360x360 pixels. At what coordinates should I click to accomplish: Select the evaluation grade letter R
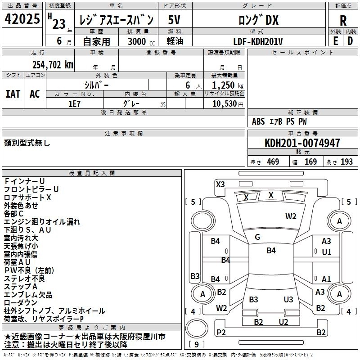point(343,20)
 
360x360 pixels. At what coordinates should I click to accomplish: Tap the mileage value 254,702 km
point(53,64)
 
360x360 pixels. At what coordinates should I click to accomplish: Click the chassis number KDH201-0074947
point(302,143)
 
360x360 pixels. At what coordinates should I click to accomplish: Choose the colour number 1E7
point(74,103)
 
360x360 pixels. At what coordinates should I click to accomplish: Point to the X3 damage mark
point(220,184)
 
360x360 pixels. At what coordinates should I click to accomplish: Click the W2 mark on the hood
point(291,216)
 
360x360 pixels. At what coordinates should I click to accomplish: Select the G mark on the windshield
point(257,237)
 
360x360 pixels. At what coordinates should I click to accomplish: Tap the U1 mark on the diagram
point(326,252)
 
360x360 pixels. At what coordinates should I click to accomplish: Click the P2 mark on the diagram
point(221,332)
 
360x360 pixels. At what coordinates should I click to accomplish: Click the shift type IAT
point(13,94)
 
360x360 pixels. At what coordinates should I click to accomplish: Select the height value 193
point(346,162)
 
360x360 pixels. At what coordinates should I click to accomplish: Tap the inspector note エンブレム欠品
point(28,295)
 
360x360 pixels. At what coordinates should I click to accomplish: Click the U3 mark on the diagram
point(288,299)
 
